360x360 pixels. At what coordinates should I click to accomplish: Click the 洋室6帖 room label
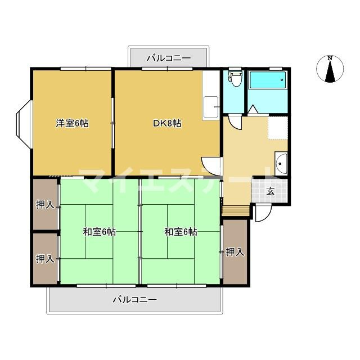tap(73, 123)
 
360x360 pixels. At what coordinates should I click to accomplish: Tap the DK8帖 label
tap(167, 123)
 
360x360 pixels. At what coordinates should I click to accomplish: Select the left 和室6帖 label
tap(99, 232)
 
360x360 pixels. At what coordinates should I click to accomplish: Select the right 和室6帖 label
tap(181, 232)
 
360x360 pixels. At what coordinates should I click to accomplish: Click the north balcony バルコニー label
tap(169, 58)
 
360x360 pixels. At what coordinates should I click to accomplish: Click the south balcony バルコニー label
tap(135, 300)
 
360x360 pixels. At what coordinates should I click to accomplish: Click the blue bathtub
tap(268, 80)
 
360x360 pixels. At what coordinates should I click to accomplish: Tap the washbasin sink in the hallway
tap(281, 163)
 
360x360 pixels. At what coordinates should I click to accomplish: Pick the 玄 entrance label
tap(271, 191)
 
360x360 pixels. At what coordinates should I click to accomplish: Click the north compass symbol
tap(330, 69)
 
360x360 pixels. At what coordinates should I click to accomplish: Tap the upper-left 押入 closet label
tap(45, 204)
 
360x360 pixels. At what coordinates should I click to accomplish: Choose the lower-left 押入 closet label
tap(45, 259)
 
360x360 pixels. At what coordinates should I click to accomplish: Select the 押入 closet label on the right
tap(235, 252)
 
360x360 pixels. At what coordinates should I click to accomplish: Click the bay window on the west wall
tap(24, 124)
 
